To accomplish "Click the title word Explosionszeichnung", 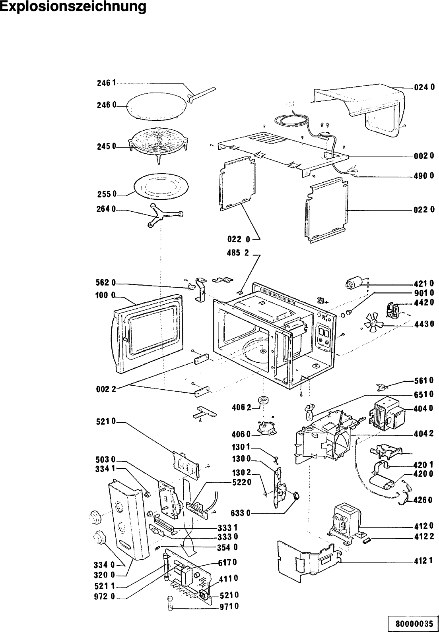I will [x=73, y=7].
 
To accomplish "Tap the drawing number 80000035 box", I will [x=414, y=623].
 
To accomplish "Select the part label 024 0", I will [x=424, y=87].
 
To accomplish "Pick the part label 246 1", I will [x=106, y=83].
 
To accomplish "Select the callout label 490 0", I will [x=424, y=176].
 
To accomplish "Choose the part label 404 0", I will [x=424, y=408].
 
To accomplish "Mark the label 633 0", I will [x=241, y=513].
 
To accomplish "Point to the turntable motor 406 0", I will [x=264, y=428].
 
